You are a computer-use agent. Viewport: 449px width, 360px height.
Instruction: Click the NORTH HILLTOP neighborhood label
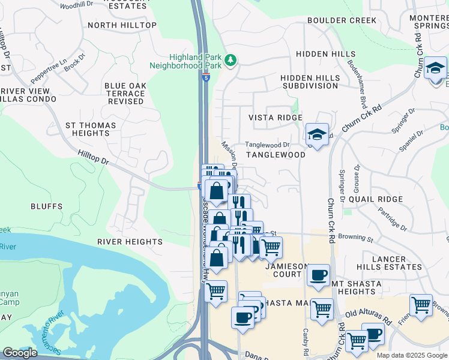[x=122, y=25]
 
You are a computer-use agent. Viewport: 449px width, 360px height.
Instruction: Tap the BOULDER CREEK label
[x=342, y=20]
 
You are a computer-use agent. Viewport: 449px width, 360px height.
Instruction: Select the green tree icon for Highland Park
[x=231, y=60]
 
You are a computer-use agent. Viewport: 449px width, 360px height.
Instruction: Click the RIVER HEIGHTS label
[x=130, y=242]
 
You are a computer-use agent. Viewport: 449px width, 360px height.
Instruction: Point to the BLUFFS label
[x=47, y=206]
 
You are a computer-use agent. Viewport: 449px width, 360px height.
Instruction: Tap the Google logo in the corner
[x=20, y=353]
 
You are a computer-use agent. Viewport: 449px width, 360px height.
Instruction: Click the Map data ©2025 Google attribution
[x=412, y=355]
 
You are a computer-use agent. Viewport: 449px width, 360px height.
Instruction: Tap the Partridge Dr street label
[x=393, y=219]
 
